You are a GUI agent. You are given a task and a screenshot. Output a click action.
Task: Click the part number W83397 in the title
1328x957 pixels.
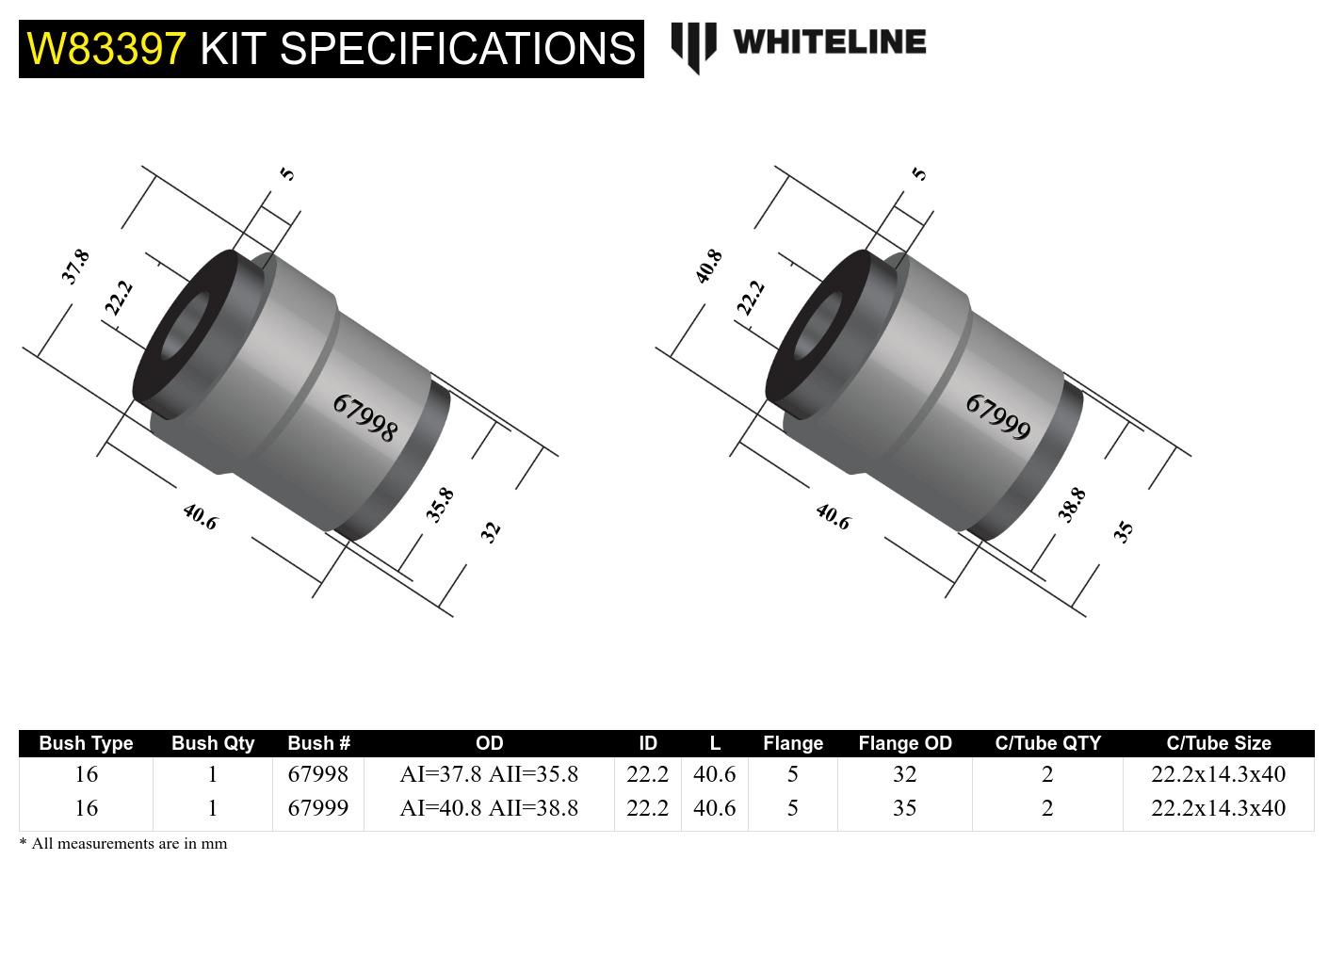106,49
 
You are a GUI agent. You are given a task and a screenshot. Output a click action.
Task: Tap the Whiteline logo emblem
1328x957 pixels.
693,45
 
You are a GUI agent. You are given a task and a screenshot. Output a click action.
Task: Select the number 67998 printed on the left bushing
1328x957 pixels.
365,418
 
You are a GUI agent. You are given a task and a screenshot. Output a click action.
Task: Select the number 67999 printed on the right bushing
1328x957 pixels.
998,418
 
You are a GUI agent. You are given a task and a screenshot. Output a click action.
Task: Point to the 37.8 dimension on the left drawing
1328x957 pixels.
75,267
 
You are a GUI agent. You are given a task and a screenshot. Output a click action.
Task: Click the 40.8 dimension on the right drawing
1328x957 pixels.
708,267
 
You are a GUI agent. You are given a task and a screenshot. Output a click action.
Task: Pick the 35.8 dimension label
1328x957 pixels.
440,505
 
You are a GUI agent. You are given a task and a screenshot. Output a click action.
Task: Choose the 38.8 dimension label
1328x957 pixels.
1072,505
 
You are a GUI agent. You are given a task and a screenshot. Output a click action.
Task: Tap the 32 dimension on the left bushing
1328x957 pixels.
490,531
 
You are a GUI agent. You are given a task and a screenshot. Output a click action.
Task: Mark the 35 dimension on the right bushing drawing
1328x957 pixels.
1123,531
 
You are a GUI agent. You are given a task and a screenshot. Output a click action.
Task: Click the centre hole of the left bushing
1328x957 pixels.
185,327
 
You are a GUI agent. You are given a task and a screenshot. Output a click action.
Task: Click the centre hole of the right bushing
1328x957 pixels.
818,327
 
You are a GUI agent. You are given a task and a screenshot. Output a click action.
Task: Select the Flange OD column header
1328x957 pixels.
904,743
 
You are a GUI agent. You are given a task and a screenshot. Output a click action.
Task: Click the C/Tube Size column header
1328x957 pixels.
1218,743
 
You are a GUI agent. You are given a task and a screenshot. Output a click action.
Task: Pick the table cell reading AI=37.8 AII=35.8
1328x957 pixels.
489,774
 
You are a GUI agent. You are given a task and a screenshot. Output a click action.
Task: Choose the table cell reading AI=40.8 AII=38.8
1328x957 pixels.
489,808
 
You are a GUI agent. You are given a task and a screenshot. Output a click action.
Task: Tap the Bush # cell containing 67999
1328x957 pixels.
317,808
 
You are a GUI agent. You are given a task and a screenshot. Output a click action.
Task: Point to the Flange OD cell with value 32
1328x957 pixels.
904,774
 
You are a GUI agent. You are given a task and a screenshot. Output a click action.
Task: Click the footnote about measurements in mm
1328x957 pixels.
123,844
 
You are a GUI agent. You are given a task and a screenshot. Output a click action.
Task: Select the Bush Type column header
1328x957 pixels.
86,743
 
